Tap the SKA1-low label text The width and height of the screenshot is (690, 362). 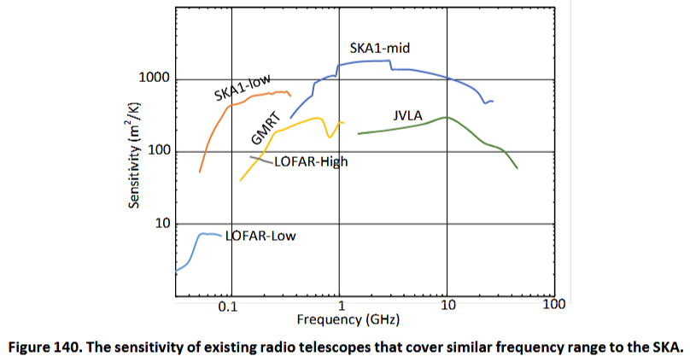(242, 88)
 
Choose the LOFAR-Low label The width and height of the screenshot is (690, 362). (260, 236)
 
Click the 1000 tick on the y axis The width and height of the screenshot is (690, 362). (156, 79)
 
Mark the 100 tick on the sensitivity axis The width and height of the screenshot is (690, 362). (160, 152)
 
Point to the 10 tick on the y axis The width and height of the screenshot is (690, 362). (163, 224)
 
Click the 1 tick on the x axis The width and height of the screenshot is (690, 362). (341, 307)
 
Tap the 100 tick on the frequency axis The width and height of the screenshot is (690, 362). (554, 304)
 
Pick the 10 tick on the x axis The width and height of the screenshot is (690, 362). (447, 307)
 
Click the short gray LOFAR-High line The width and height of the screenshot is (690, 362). (260, 159)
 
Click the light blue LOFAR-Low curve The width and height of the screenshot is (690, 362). (193, 253)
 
